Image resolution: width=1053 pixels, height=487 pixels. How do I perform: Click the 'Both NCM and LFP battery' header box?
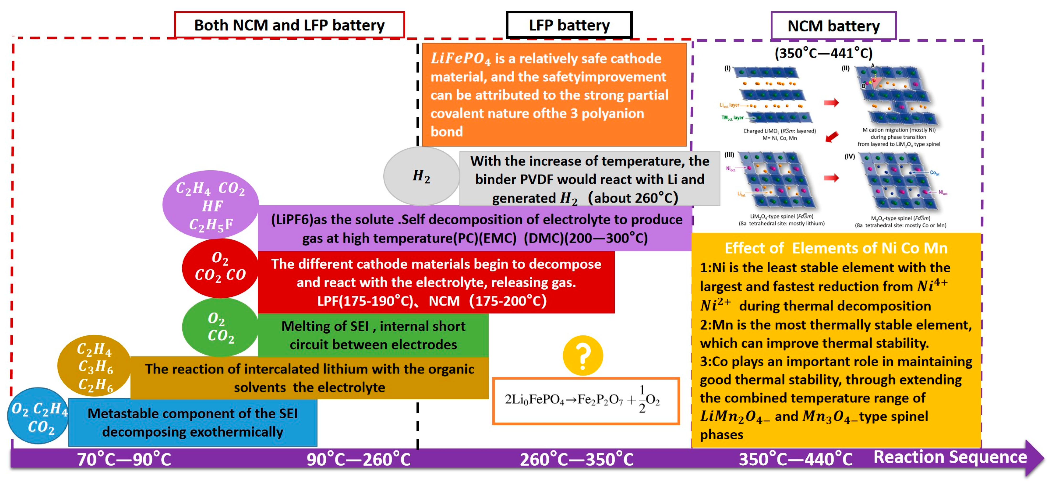click(x=289, y=25)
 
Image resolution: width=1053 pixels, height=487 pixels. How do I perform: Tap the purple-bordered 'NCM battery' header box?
click(x=833, y=26)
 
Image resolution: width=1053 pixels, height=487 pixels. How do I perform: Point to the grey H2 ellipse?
click(x=421, y=176)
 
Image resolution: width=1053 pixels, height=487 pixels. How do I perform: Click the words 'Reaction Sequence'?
click(x=950, y=457)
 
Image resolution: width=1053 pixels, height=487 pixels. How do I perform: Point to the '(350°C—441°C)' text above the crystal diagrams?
click(x=823, y=53)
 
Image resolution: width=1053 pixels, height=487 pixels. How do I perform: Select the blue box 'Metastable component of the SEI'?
click(x=193, y=422)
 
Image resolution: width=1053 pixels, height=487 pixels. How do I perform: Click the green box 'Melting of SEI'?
click(x=373, y=335)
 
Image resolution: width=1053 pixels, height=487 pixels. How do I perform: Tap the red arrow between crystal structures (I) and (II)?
click(x=831, y=103)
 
